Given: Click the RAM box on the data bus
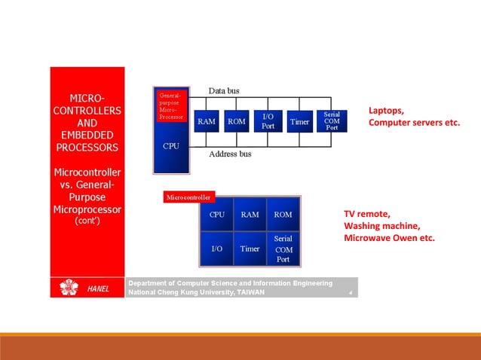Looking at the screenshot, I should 207,121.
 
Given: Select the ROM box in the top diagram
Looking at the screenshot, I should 237,121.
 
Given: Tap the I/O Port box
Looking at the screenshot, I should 268,121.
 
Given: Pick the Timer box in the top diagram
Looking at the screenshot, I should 299,121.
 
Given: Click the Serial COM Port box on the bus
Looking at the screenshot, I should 331,121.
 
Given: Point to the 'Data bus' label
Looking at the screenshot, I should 224,91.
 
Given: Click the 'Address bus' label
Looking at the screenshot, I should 230,154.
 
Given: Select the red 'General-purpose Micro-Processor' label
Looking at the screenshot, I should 170,106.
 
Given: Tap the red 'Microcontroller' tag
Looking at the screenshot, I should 188,197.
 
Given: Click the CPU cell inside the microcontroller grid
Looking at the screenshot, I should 216,215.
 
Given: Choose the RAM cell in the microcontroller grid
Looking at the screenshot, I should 250,215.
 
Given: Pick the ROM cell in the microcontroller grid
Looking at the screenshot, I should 283,215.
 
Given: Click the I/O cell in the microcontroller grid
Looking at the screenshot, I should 216,249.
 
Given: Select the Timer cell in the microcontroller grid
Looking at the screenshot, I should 250,249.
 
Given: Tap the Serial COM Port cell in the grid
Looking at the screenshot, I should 283,249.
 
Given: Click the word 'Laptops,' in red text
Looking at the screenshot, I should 386,110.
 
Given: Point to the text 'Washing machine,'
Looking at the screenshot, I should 381,225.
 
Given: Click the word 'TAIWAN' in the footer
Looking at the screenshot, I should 250,292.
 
